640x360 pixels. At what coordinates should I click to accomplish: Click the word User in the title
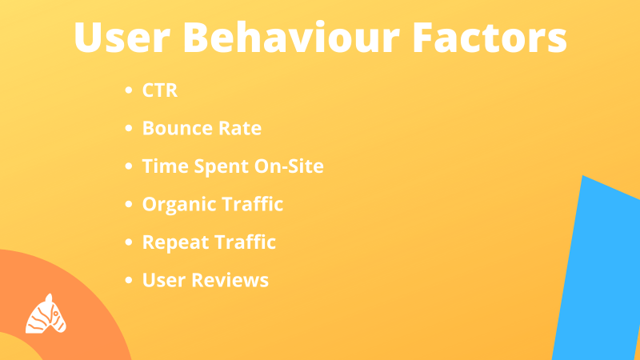tap(122, 38)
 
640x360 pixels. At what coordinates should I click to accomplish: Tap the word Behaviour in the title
tap(291, 37)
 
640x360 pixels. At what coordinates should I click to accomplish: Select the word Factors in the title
tap(490, 37)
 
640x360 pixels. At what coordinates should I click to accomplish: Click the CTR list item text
tap(159, 90)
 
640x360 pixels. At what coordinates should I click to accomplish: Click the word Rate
tap(240, 128)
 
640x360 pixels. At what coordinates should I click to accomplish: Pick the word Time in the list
tap(165, 166)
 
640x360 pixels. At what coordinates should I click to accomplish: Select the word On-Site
tap(289, 166)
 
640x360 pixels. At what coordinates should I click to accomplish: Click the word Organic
tap(176, 205)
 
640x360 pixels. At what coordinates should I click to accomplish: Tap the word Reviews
tap(230, 280)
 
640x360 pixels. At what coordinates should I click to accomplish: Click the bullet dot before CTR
tap(129, 90)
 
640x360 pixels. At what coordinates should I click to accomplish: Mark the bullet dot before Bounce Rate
tap(129, 128)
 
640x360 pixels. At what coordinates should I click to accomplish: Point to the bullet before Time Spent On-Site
tap(129, 166)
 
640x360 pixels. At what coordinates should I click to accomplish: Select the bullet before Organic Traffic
tap(129, 204)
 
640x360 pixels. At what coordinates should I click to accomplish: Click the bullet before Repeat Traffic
tap(129, 242)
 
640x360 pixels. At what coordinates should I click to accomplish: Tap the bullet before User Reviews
tap(129, 280)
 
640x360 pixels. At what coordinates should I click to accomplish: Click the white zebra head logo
tap(46, 314)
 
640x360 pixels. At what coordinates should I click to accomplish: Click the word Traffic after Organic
tap(250, 204)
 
